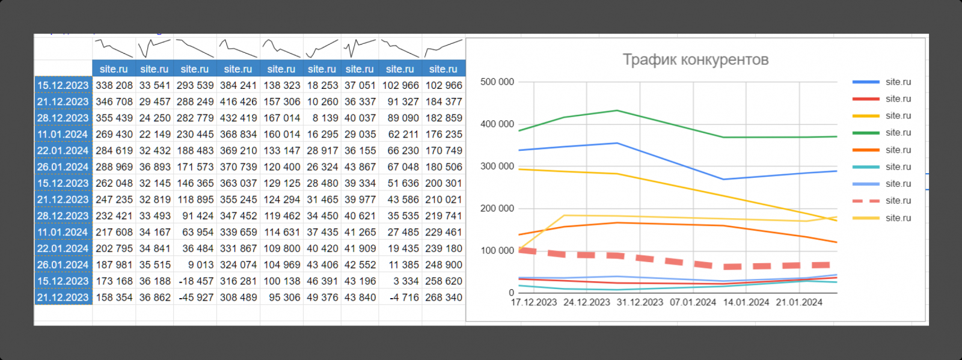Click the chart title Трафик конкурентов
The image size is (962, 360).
tap(695, 59)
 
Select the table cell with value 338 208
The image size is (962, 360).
tap(114, 85)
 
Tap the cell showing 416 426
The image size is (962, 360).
tap(238, 102)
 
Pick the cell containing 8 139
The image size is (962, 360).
tap(322, 118)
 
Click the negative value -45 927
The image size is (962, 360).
tap(195, 297)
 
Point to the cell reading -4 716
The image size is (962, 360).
tap(400, 297)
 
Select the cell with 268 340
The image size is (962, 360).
tap(444, 297)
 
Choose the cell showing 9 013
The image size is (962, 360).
tap(195, 265)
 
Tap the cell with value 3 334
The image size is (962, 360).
tap(400, 281)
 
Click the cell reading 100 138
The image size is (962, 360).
tap(282, 281)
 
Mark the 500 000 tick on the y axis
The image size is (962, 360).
tap(497, 82)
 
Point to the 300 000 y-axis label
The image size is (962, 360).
tap(497, 166)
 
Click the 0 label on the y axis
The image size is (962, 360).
tap(511, 293)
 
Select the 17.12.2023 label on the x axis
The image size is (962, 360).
tap(533, 302)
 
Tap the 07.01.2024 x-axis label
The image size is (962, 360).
tap(693, 302)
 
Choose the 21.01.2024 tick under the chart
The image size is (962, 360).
tap(799, 302)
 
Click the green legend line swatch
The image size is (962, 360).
tap(866, 133)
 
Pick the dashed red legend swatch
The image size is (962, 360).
tap(866, 201)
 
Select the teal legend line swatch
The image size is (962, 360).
tap(866, 167)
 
